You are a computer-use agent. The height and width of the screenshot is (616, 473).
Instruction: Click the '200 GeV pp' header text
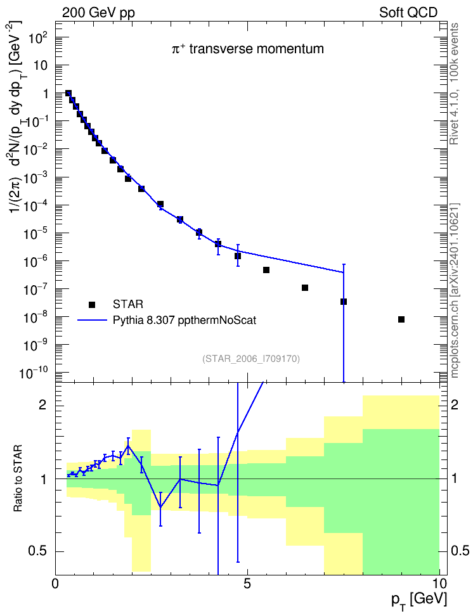click(98, 13)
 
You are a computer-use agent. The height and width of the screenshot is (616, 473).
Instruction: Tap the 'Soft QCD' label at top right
click(408, 13)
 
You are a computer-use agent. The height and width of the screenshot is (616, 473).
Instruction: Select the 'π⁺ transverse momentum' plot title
click(248, 49)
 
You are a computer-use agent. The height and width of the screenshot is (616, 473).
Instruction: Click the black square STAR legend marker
click(91, 304)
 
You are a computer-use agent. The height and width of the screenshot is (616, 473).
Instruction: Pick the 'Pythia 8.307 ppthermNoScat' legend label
click(185, 320)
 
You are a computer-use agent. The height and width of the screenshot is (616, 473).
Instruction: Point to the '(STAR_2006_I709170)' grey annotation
click(251, 359)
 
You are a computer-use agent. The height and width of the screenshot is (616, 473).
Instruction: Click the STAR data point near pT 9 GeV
click(401, 319)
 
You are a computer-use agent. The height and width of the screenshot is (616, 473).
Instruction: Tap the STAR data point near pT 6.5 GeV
click(305, 288)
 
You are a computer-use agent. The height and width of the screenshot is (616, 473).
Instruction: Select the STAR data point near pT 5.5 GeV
click(266, 270)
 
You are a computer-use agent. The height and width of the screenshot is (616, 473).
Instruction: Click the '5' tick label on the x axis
click(247, 584)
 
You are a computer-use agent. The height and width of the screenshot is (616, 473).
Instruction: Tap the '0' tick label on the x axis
click(55, 584)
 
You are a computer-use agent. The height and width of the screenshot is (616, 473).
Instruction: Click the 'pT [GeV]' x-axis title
click(419, 601)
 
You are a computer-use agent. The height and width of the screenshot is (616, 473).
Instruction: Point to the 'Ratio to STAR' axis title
click(18, 478)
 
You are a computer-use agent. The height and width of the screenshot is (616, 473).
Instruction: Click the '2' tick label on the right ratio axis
click(455, 404)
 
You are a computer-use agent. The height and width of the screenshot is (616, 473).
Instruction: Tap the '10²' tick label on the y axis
click(39, 39)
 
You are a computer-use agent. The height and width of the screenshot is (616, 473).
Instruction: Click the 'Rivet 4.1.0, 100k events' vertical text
click(454, 84)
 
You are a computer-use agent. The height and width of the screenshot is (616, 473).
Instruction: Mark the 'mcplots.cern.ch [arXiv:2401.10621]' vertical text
click(454, 291)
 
